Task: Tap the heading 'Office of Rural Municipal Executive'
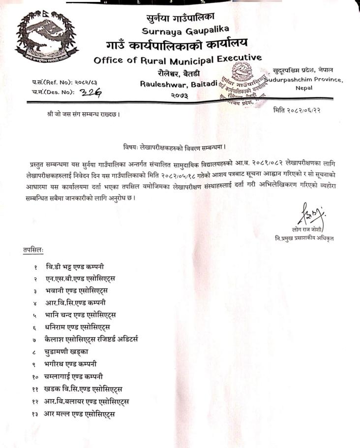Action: point(178,60)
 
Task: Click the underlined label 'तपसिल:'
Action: point(33,250)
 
